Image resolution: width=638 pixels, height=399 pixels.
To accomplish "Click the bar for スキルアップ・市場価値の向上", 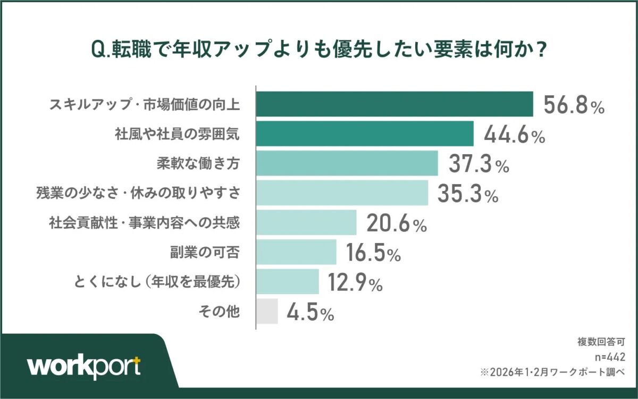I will pos(394,104).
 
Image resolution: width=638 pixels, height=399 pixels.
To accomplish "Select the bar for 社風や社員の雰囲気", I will pos(365,134).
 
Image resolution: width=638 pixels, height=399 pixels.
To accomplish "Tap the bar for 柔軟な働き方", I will pos(347,163).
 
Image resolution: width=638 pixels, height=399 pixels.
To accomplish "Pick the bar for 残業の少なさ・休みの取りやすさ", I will pos(342,193).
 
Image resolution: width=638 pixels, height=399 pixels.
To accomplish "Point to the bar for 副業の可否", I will pos(296,252).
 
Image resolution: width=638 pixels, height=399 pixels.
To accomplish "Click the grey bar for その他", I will pos(267,311).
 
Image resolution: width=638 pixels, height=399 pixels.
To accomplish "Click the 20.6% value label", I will pos(397,224).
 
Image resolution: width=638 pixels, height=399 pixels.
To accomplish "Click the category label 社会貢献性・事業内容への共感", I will pos(144,223).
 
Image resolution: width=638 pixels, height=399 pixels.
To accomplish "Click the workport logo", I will pos(84,367).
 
